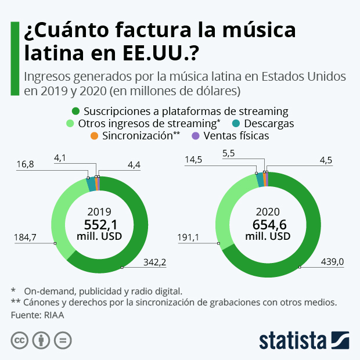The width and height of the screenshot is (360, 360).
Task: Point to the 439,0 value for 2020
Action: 333,262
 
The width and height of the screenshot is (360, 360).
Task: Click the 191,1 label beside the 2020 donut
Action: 188,237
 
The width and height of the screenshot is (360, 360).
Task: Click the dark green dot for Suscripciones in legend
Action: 75,111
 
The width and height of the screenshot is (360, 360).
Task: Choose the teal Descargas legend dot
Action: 237,124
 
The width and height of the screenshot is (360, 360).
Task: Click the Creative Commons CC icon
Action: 20,340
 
